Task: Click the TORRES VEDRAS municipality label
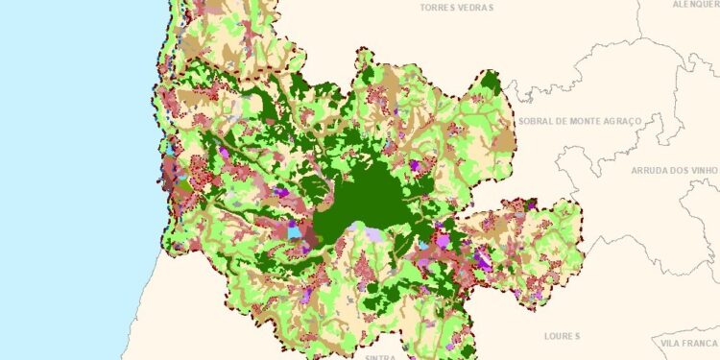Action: [x=457, y=7]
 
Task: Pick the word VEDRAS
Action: [x=475, y=7]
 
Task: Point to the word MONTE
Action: [x=588, y=122]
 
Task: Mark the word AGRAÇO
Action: [x=636, y=122]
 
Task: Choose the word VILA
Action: [x=672, y=343]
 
